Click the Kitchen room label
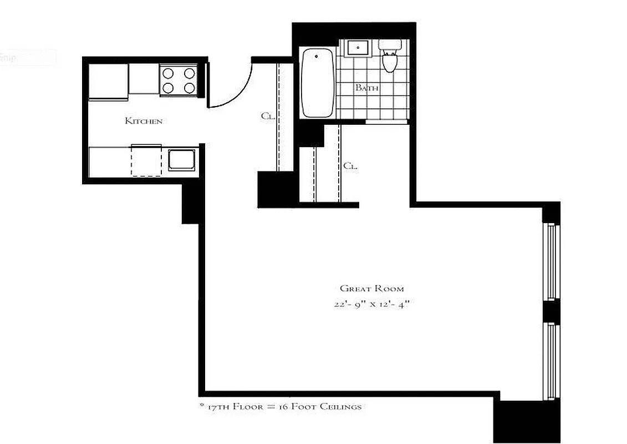click(x=144, y=120)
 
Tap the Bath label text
click(x=366, y=88)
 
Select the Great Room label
click(x=371, y=289)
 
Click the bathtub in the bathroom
click(x=318, y=83)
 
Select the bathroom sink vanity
click(x=358, y=48)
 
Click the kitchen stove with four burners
click(x=178, y=80)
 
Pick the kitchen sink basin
click(x=181, y=160)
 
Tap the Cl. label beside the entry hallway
click(x=267, y=117)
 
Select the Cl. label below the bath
click(x=350, y=165)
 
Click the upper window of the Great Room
click(x=550, y=261)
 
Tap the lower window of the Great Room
click(x=550, y=361)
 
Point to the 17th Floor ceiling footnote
click(x=281, y=407)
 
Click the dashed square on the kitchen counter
click(x=146, y=160)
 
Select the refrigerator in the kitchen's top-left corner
click(x=108, y=81)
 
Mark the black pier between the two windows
click(x=550, y=311)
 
